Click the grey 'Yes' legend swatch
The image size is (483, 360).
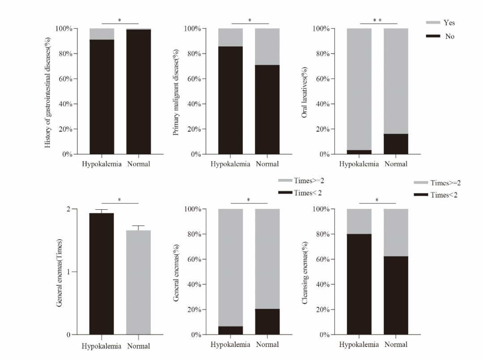433,22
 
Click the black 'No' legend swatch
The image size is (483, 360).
433,36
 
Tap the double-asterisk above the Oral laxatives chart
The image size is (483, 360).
377,20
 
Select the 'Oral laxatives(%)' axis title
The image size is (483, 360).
305,93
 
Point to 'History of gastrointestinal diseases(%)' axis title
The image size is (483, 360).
48,93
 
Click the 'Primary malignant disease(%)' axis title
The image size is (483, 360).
176,93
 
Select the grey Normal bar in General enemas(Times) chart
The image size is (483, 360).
139,282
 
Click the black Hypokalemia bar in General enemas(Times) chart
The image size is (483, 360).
102,274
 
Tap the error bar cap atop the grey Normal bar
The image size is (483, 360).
139,226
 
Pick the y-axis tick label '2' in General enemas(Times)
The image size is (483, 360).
68,209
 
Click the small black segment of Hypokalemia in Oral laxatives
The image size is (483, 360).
359,152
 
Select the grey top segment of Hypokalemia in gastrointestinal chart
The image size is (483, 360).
102,34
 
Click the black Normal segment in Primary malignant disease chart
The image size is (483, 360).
267,110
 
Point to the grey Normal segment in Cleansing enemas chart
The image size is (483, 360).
396,233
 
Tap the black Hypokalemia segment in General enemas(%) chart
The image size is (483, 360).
230,330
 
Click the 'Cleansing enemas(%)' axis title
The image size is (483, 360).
305,273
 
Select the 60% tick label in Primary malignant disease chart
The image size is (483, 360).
195,79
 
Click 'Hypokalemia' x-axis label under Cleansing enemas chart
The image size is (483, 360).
359,345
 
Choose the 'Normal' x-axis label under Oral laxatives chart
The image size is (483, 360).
396,164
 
